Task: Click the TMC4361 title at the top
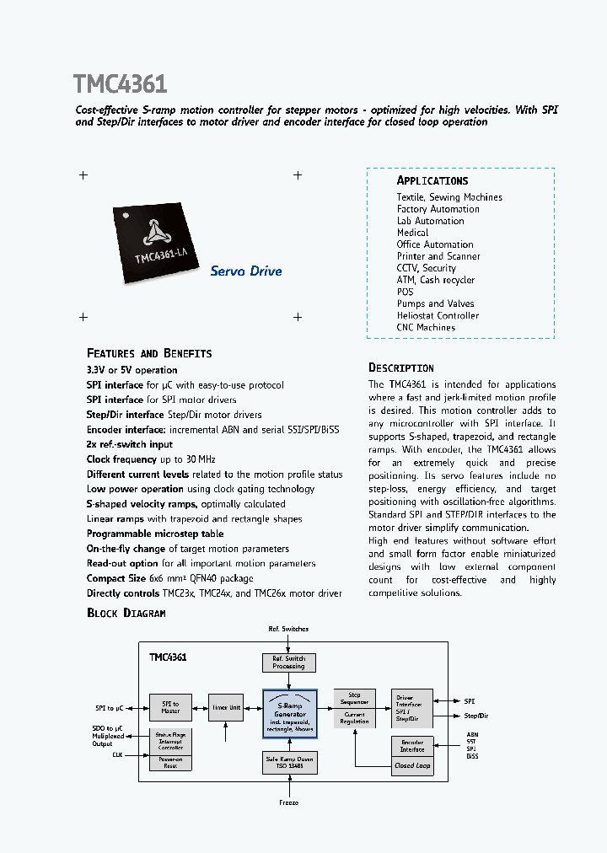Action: click(x=120, y=84)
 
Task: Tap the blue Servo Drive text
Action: click(x=245, y=271)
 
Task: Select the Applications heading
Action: click(x=432, y=181)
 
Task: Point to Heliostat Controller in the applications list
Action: click(x=438, y=316)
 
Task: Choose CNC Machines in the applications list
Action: click(x=426, y=328)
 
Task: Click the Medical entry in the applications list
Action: click(x=412, y=233)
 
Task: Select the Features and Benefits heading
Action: click(x=149, y=353)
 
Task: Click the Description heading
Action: click(x=401, y=368)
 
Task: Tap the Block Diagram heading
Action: click(x=126, y=613)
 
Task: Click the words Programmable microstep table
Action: click(x=155, y=534)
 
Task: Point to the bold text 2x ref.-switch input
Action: click(x=129, y=444)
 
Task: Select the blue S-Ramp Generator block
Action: click(x=289, y=714)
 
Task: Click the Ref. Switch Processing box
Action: click(x=289, y=663)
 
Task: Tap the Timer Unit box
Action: click(x=226, y=708)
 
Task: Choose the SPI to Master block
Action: click(x=170, y=708)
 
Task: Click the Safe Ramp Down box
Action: click(x=289, y=762)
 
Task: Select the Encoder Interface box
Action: click(x=412, y=746)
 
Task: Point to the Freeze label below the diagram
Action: click(x=289, y=803)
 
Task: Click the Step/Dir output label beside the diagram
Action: click(x=476, y=716)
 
